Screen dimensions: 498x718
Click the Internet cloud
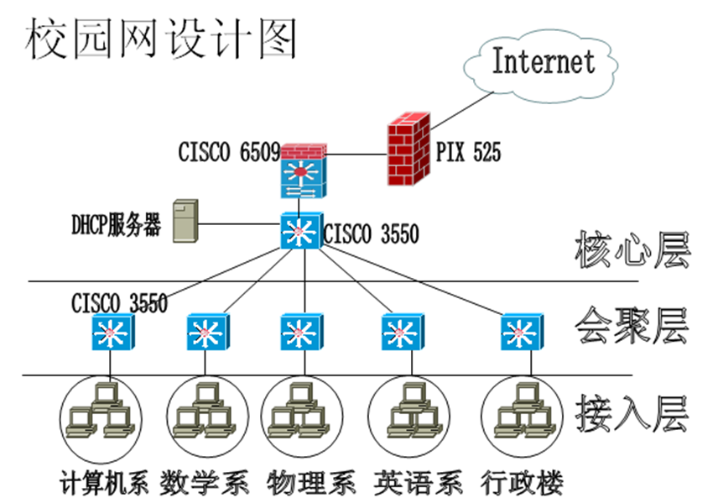click(543, 61)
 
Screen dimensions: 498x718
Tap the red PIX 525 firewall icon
click(408, 152)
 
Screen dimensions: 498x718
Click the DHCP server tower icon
click(184, 222)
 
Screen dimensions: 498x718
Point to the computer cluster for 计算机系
click(100, 411)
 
